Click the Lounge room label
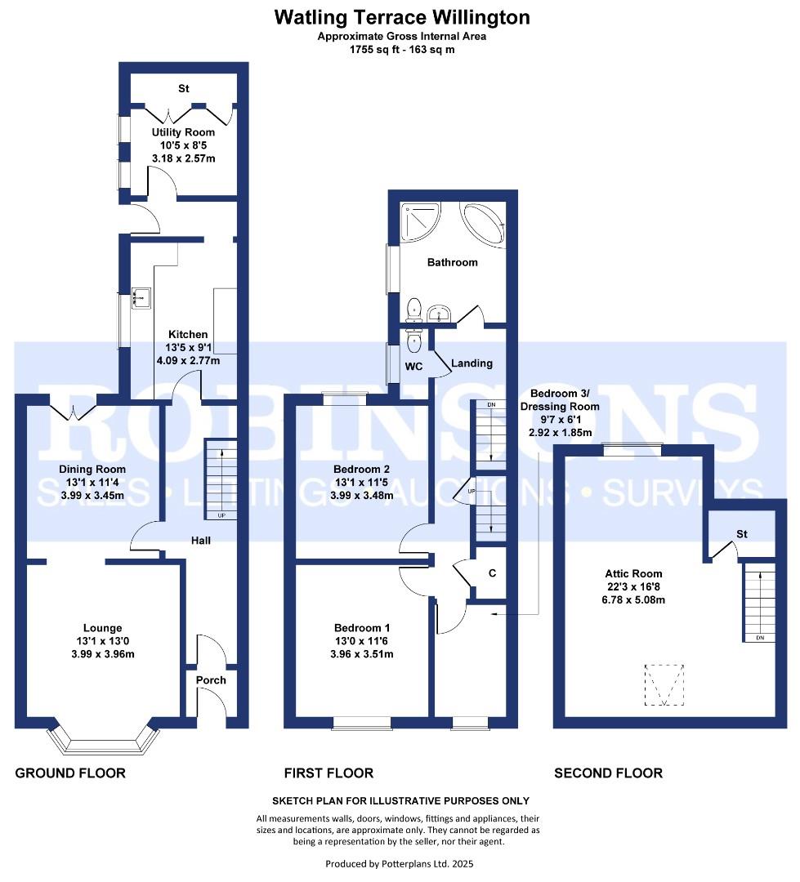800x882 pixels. tap(102, 628)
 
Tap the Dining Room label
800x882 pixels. tap(92, 469)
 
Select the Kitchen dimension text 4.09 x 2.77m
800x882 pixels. tap(188, 360)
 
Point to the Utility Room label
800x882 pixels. tap(184, 132)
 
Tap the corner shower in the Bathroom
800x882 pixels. tap(420, 221)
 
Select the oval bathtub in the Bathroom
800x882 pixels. tap(483, 224)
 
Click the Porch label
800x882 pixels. tap(211, 680)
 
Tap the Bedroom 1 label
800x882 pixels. tap(362, 628)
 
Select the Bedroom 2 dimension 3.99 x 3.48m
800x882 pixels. tap(362, 496)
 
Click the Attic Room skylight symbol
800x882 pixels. tap(664, 684)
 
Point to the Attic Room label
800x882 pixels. tap(633, 574)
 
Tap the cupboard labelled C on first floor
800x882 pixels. tap(491, 574)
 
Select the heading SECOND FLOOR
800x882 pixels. tap(609, 773)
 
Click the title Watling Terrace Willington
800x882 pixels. tap(402, 17)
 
